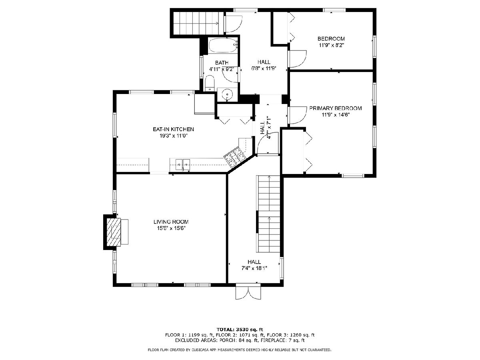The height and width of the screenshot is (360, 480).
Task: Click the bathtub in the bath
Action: click(x=223, y=45)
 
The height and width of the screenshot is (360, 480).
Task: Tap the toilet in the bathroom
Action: click(x=210, y=83)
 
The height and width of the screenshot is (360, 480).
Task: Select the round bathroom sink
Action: click(x=227, y=94)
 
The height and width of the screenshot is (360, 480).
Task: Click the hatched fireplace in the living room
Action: click(x=114, y=232)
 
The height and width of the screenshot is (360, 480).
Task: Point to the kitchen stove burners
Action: click(x=234, y=156)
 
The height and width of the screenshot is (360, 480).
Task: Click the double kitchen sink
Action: click(x=182, y=164)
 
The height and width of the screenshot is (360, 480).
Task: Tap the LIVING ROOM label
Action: click(x=171, y=222)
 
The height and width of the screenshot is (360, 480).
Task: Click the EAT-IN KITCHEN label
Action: click(x=173, y=129)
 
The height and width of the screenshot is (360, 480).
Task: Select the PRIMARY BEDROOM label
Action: click(x=335, y=108)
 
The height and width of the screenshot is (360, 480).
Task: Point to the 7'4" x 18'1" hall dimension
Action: click(x=254, y=268)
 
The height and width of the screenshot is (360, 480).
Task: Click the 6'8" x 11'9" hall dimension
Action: click(x=264, y=68)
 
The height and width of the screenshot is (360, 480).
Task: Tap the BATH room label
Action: click(x=222, y=63)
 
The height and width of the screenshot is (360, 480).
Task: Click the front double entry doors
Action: click(x=248, y=292)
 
